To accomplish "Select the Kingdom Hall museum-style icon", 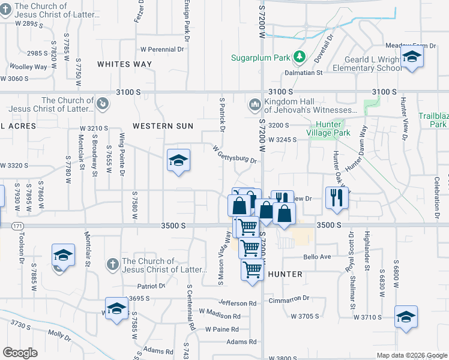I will (253, 105).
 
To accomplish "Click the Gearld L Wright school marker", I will (412, 58).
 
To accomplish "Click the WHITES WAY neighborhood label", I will (124, 64).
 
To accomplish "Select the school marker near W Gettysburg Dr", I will (178, 161).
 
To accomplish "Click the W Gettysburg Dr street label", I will (235, 154).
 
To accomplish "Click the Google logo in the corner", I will (20, 353).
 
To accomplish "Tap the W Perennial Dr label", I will (161, 49).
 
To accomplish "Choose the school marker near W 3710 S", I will (406, 317).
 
